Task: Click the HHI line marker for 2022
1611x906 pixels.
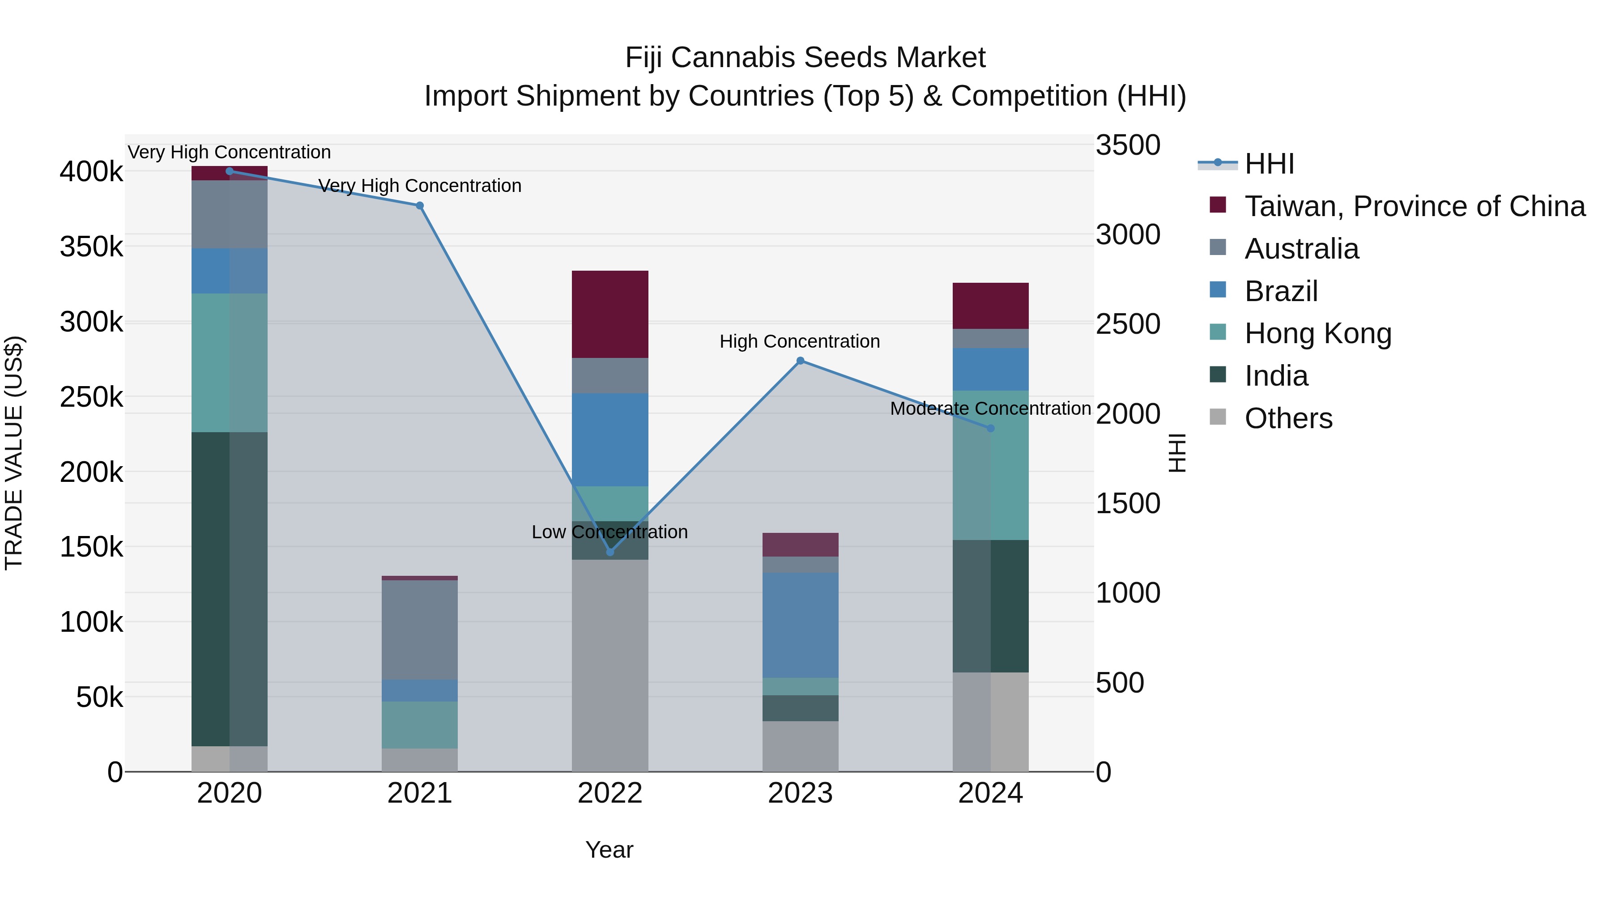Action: (610, 552)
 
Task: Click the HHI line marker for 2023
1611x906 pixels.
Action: (800, 361)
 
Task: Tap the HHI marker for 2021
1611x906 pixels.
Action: (420, 206)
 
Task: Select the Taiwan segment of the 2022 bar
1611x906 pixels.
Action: (610, 314)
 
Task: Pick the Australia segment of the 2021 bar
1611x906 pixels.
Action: (420, 629)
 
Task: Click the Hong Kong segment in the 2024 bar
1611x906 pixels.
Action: (990, 465)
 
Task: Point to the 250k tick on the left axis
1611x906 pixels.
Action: (91, 397)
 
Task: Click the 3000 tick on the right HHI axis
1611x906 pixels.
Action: (1128, 235)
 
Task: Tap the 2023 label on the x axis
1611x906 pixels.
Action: (800, 793)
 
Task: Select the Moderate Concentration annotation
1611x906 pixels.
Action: (990, 409)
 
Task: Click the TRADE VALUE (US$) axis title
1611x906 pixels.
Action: (14, 453)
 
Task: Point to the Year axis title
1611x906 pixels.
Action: (609, 850)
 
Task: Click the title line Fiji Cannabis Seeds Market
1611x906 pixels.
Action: (805, 58)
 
